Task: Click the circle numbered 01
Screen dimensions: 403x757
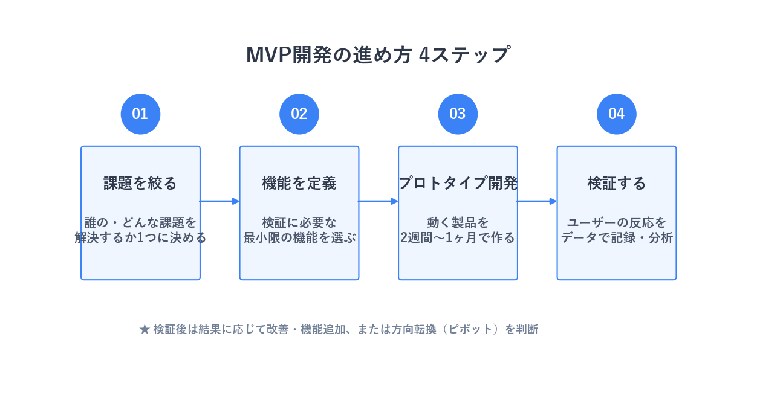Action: (x=140, y=114)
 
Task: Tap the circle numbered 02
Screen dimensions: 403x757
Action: (x=299, y=114)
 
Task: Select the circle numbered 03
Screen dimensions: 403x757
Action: (x=458, y=114)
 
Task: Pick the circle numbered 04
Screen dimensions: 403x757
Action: (x=616, y=114)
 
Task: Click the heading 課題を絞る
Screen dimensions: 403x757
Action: (x=140, y=183)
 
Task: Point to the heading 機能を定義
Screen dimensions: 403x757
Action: (x=299, y=183)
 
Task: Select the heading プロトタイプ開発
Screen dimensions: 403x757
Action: (x=458, y=183)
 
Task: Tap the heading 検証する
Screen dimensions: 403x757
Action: (x=616, y=183)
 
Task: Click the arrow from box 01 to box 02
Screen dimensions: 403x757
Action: (x=219, y=201)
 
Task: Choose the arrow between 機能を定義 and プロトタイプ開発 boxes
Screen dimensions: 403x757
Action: (x=378, y=201)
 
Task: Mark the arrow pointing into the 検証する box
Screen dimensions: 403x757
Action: (x=537, y=201)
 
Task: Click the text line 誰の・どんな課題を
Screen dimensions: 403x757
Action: (x=140, y=222)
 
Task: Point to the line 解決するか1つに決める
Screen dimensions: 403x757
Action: (x=140, y=237)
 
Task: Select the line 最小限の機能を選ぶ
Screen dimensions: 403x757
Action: (x=299, y=237)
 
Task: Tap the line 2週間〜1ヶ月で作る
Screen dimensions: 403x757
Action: (x=458, y=237)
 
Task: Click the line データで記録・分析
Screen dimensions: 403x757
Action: (x=616, y=237)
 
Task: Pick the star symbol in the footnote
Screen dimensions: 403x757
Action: (x=145, y=329)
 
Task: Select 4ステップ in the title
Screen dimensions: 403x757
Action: (x=464, y=55)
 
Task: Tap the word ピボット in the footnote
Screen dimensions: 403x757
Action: (x=470, y=329)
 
